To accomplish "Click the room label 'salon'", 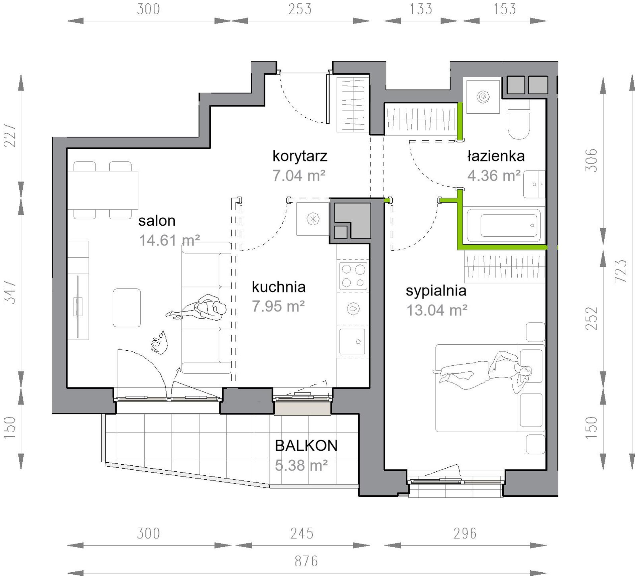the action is [157, 221].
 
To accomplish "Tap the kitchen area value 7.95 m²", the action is [278, 306].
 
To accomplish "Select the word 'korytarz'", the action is [300, 156].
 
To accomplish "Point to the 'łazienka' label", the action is [496, 156].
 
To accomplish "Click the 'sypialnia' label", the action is [436, 291].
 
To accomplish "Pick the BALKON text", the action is [306, 446].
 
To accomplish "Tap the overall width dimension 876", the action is [306, 561].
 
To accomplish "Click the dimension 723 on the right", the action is [621, 271].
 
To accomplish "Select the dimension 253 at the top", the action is [300, 9].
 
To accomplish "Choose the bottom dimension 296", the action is [465, 534].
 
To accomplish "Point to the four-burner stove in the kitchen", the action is [353, 276].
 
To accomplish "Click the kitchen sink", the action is [352, 342].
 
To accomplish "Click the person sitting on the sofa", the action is [197, 308].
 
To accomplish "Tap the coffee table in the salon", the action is [127, 308].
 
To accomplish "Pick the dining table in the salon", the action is [103, 190].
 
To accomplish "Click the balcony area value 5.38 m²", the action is [301, 466].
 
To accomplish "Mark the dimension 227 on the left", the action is [9, 135].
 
